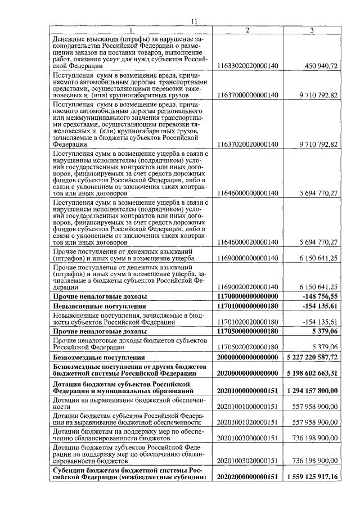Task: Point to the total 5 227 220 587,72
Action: pos(311,357)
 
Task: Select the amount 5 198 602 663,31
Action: pos(311,372)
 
